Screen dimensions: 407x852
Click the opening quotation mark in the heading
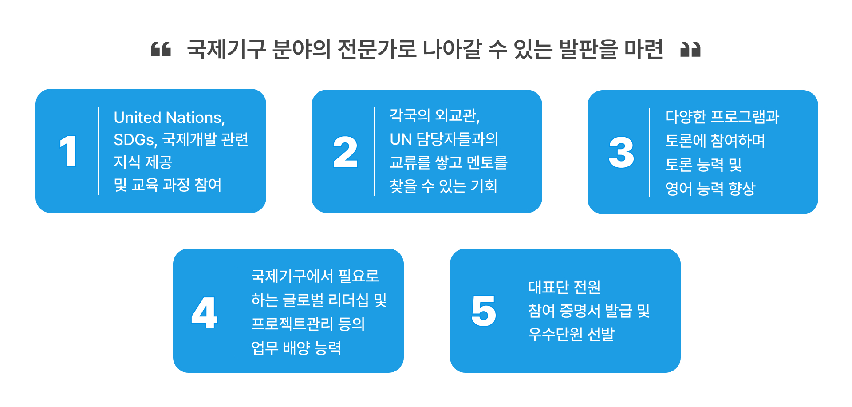pyautogui.click(x=161, y=49)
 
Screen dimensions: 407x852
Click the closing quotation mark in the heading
pyautogui.click(x=690, y=49)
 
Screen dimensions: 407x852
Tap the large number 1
pyautogui.click(x=68, y=151)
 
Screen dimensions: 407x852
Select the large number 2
pyautogui.click(x=345, y=152)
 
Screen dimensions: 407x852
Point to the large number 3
pyautogui.click(x=621, y=152)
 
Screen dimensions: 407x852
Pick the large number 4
pyautogui.click(x=204, y=312)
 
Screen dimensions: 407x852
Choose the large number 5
pyautogui.click(x=483, y=311)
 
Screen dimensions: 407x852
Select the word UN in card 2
pyautogui.click(x=401, y=139)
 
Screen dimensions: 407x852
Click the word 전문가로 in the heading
pyautogui.click(x=376, y=49)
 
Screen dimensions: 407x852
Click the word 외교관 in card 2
pyautogui.click(x=456, y=115)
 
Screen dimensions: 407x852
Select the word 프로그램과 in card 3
pyautogui.click(x=744, y=117)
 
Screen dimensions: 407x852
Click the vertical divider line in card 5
pyautogui.click(x=513, y=311)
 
